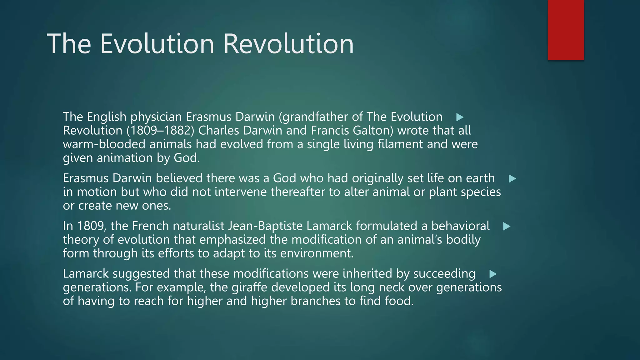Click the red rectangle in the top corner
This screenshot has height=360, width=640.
pyautogui.click(x=566, y=30)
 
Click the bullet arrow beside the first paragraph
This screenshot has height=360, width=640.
pyautogui.click(x=460, y=117)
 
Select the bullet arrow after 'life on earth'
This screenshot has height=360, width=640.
pyautogui.click(x=512, y=179)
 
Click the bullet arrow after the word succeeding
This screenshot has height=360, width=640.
pyautogui.click(x=493, y=274)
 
